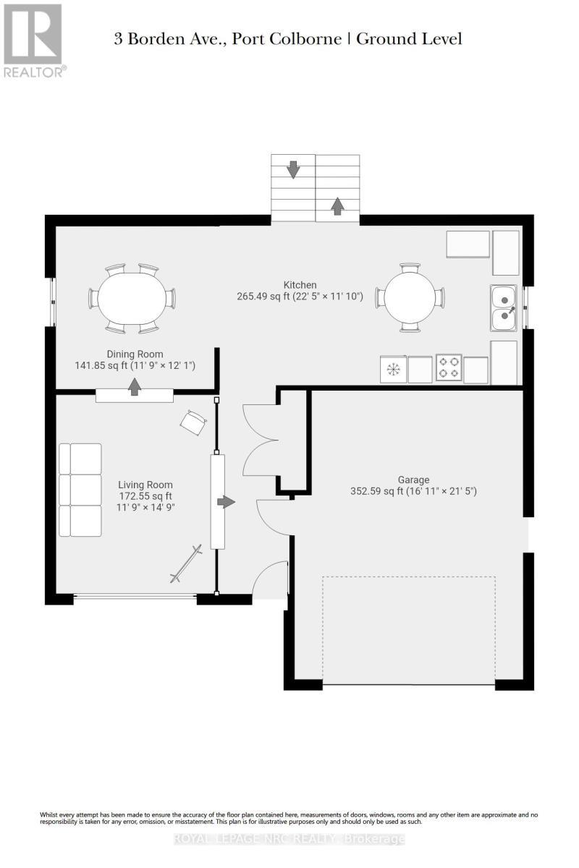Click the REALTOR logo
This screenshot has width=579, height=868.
34,41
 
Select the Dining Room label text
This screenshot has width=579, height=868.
135,359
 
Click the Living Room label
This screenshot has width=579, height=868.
145,496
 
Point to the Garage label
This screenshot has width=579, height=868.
413,485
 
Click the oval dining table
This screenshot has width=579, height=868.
132,299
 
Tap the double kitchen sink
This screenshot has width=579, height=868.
504,307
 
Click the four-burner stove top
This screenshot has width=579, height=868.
448,367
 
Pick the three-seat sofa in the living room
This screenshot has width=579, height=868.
80,490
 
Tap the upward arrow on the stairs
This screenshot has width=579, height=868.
337,205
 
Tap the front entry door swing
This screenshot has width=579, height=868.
269,579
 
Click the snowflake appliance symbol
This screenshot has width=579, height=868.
392,370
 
